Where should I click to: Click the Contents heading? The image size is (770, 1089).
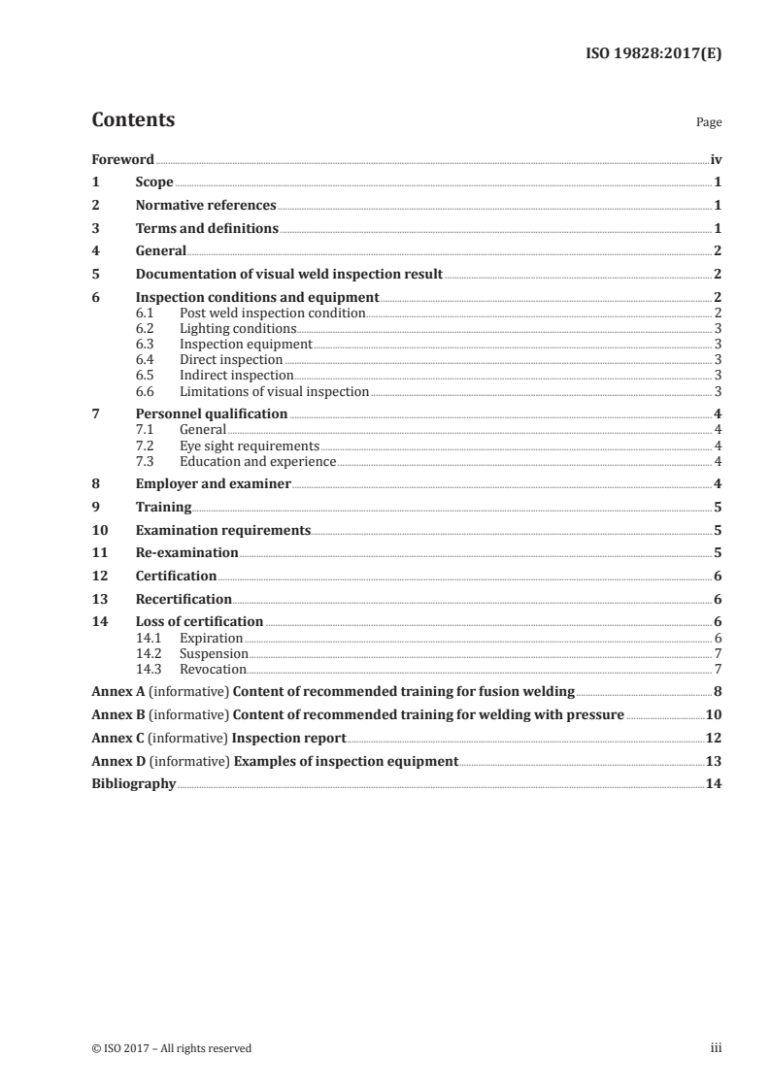133,120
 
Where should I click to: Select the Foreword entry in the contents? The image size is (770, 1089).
122,159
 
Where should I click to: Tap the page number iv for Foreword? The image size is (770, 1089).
715,159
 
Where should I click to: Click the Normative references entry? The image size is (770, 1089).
206,206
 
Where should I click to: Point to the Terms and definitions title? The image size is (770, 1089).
207,229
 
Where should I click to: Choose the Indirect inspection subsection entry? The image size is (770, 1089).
236,375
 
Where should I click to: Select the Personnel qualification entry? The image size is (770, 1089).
212,413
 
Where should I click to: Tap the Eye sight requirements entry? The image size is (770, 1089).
249,445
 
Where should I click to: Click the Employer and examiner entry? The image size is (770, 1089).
214,483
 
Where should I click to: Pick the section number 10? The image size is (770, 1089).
98,530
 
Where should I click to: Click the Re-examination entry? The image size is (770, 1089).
186,552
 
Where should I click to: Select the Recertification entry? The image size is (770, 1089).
184,599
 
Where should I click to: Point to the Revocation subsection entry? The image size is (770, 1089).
213,670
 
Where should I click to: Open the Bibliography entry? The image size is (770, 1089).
133,783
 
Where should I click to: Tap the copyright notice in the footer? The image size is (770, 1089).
171,1048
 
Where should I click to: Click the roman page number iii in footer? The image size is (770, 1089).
717,1048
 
